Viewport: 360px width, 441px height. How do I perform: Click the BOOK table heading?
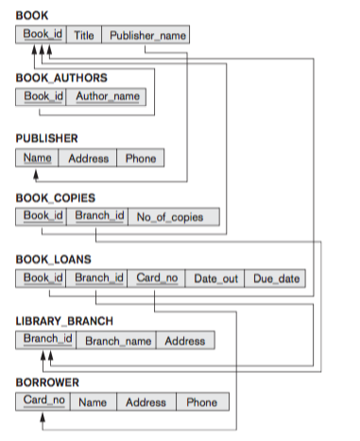tap(32, 16)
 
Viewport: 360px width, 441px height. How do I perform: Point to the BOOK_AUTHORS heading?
tap(61, 76)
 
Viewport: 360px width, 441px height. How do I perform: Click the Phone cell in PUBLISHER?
tap(141, 158)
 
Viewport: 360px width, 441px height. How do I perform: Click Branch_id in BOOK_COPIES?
tap(99, 217)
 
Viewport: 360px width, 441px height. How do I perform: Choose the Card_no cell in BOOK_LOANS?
tap(156, 278)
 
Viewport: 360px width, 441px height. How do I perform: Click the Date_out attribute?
tap(215, 278)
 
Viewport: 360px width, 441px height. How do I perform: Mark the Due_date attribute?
tap(275, 278)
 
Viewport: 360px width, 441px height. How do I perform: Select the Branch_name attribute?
tap(118, 340)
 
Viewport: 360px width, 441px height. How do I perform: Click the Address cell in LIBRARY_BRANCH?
tap(184, 340)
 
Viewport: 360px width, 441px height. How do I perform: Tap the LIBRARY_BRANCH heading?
tap(64, 320)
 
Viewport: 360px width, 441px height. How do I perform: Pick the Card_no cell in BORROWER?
tap(43, 401)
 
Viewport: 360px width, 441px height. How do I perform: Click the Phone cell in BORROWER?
tap(201, 401)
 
